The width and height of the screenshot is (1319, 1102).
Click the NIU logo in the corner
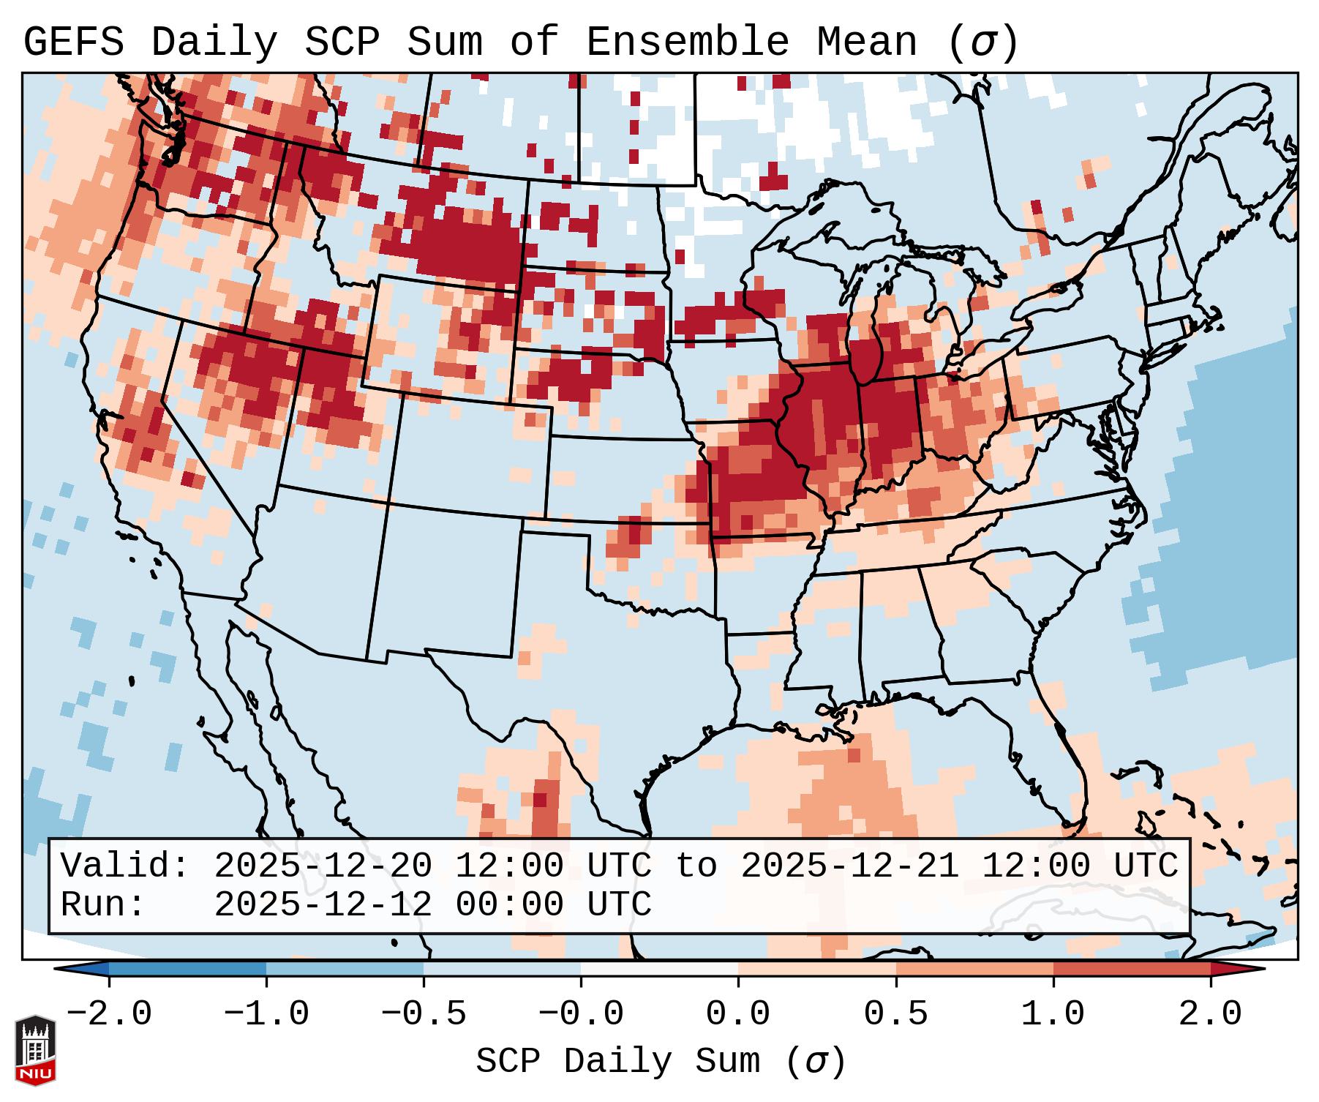35,1050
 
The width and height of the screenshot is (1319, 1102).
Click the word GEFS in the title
73,42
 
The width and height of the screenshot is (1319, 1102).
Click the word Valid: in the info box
125,866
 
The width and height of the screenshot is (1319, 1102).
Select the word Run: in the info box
103,905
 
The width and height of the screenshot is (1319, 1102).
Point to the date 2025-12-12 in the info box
323,905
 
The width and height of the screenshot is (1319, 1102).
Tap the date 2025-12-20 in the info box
323,866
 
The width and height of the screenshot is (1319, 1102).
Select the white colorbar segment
659,970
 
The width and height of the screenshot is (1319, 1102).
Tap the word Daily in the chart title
214,42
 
